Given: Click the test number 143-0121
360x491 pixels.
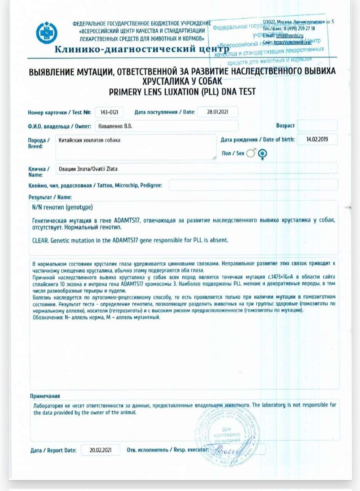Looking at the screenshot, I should (109, 112).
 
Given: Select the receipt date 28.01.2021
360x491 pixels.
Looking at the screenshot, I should (218, 112).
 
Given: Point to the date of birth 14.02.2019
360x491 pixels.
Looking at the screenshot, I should (317, 140).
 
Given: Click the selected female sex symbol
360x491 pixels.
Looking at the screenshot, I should (262, 154).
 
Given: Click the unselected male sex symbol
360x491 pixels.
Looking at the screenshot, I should (251, 153).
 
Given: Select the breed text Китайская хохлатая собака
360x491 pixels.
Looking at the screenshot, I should (90, 140).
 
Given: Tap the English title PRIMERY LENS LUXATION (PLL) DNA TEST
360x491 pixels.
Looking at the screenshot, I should (182, 91).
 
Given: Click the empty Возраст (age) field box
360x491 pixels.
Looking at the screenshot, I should (317, 125).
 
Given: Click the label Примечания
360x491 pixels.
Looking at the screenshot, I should (45, 396).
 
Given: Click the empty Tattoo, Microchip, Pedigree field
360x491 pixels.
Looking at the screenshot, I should (253, 185).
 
